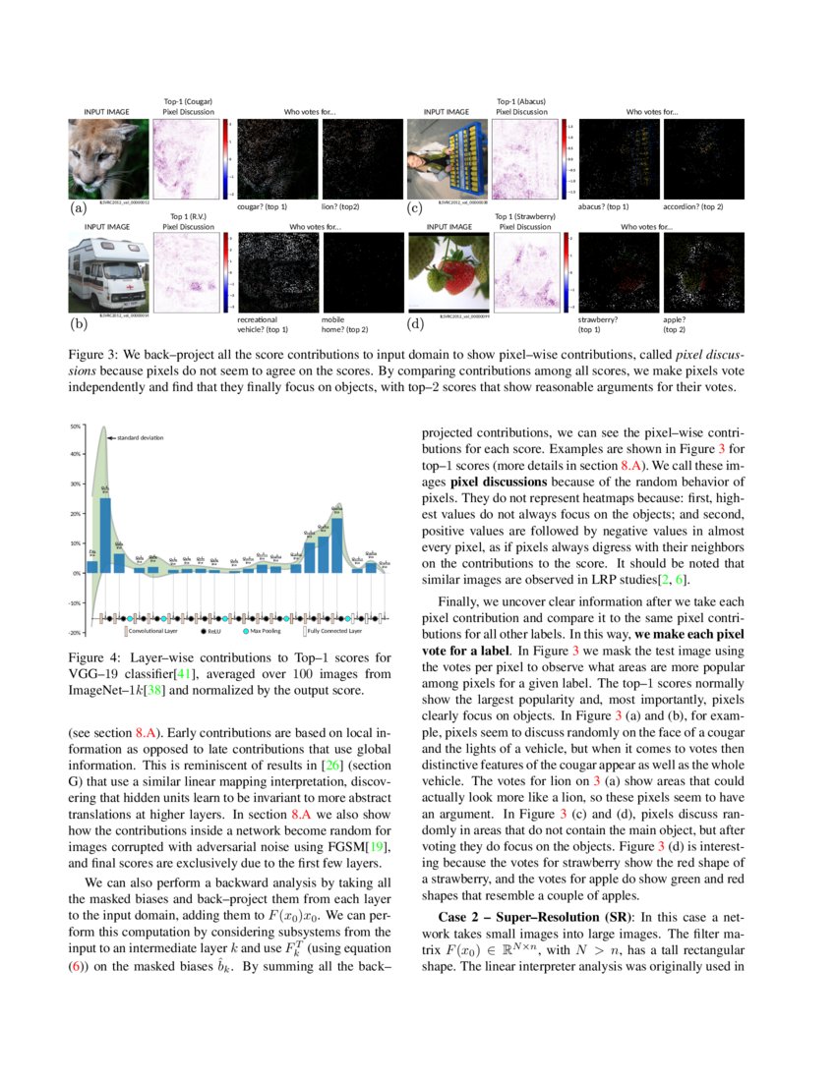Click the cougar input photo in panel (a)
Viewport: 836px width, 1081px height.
coord(108,158)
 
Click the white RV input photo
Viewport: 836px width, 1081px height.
coord(108,273)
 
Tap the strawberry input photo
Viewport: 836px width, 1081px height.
coord(448,273)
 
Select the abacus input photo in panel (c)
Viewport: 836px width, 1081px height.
coord(447,158)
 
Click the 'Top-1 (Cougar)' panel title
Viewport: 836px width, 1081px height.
coord(188,101)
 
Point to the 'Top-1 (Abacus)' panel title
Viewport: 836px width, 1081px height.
coord(520,101)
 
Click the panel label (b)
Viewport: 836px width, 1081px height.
coord(78,322)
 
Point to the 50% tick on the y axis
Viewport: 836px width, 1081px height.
coord(76,427)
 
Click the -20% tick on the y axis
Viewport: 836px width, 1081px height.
coord(75,633)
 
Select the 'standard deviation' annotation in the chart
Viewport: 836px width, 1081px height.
coord(140,437)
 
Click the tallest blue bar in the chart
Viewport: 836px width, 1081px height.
coord(105,535)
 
